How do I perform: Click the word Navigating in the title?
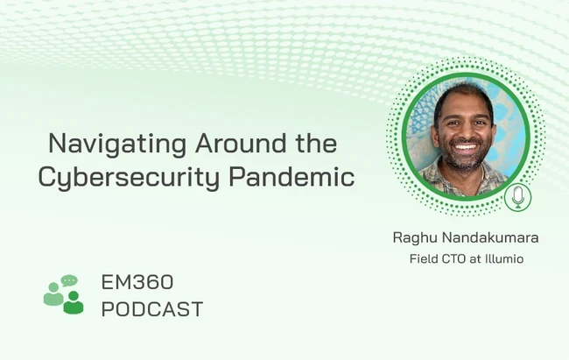pyautogui.click(x=117, y=145)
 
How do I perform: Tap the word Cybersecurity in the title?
pyautogui.click(x=129, y=178)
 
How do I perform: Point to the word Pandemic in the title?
pyautogui.click(x=292, y=176)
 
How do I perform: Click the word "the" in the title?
pyautogui.click(x=316, y=143)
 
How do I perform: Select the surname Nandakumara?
pyautogui.click(x=490, y=238)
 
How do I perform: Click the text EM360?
pyautogui.click(x=137, y=282)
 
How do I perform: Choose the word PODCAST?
pyautogui.click(x=152, y=309)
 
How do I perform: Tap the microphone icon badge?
pyautogui.click(x=518, y=197)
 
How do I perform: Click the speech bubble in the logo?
pyautogui.click(x=69, y=280)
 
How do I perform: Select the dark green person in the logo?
pyautogui.click(x=74, y=302)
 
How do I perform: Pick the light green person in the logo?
pyautogui.click(x=53, y=294)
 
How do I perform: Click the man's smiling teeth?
pyautogui.click(x=465, y=147)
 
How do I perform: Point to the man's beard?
pyautogui.click(x=465, y=156)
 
